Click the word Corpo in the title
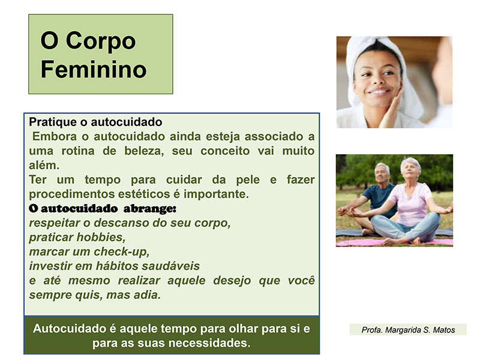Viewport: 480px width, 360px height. [101, 41]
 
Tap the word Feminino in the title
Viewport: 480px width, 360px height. [94, 70]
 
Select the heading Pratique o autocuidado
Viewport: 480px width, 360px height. [95, 122]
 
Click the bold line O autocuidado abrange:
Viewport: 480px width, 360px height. [103, 208]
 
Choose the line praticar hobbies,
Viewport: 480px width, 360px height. [77, 237]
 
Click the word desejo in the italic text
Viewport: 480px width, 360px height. [232, 280]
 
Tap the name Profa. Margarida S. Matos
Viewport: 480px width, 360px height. [408, 329]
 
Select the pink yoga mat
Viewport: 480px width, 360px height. [394, 242]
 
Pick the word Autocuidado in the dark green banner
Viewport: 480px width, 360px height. [70, 328]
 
